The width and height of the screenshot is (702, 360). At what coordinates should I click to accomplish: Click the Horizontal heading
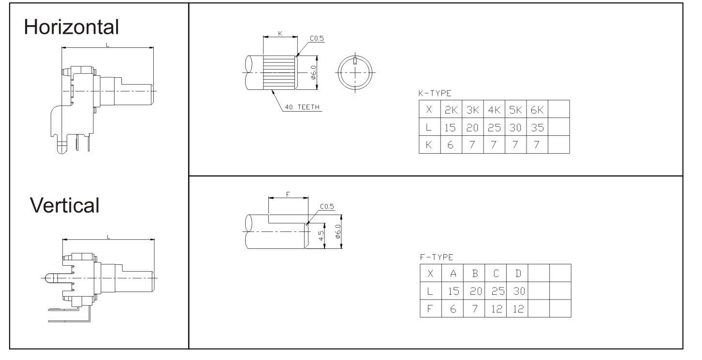click(x=72, y=27)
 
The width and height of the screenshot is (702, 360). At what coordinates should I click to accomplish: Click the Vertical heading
click(x=65, y=205)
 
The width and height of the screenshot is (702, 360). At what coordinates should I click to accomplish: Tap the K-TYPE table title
click(x=435, y=93)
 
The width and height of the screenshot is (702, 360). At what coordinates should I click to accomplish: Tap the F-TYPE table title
click(x=437, y=258)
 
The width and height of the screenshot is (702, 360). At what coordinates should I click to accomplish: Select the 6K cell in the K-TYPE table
click(x=537, y=110)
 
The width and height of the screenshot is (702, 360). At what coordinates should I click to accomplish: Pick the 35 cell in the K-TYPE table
click(x=537, y=128)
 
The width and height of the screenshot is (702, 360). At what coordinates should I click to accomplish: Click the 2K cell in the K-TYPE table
click(x=451, y=110)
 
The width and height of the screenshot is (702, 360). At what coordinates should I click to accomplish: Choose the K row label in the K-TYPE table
click(x=429, y=145)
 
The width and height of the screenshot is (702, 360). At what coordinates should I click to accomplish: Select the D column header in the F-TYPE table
click(x=518, y=274)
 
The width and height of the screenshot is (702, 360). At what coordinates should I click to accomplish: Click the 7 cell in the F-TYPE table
click(x=475, y=309)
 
